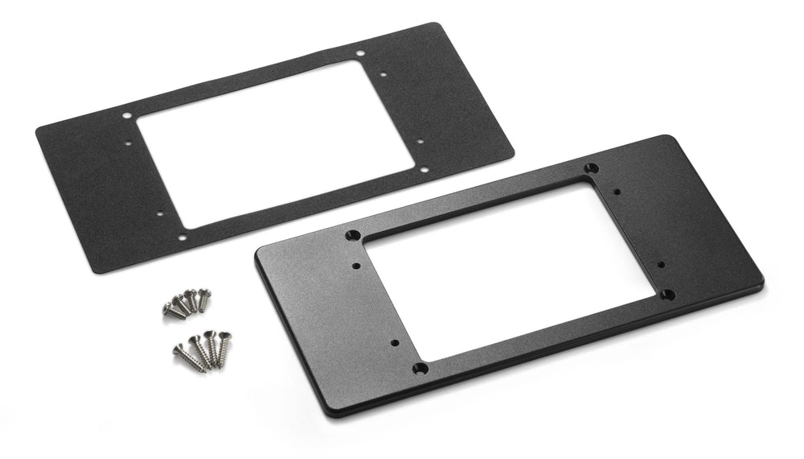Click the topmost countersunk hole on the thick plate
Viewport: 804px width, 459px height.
592,167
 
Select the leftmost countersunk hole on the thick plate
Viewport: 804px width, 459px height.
352,236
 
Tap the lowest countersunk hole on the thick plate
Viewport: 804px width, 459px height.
420,368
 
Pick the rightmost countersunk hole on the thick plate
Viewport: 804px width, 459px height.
667,294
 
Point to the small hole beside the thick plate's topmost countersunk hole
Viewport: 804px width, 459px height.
616,192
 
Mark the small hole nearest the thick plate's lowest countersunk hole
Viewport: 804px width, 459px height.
395,343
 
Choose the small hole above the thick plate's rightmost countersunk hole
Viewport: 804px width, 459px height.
662,263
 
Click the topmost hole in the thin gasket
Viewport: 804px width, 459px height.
359,56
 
